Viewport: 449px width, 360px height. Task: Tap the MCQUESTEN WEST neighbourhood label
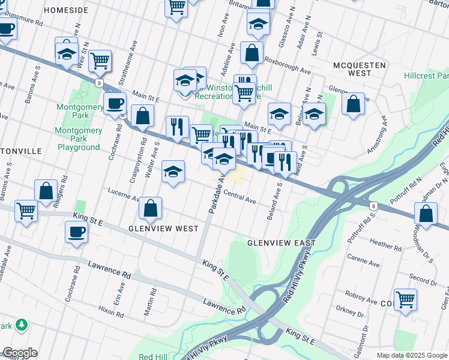(352, 68)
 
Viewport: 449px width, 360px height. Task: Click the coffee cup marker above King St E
(76, 232)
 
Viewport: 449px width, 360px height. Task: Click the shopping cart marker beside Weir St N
(100, 60)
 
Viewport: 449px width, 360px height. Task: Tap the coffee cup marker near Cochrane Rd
(114, 103)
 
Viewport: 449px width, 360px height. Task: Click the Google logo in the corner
(19, 353)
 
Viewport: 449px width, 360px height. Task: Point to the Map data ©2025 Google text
(412, 355)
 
